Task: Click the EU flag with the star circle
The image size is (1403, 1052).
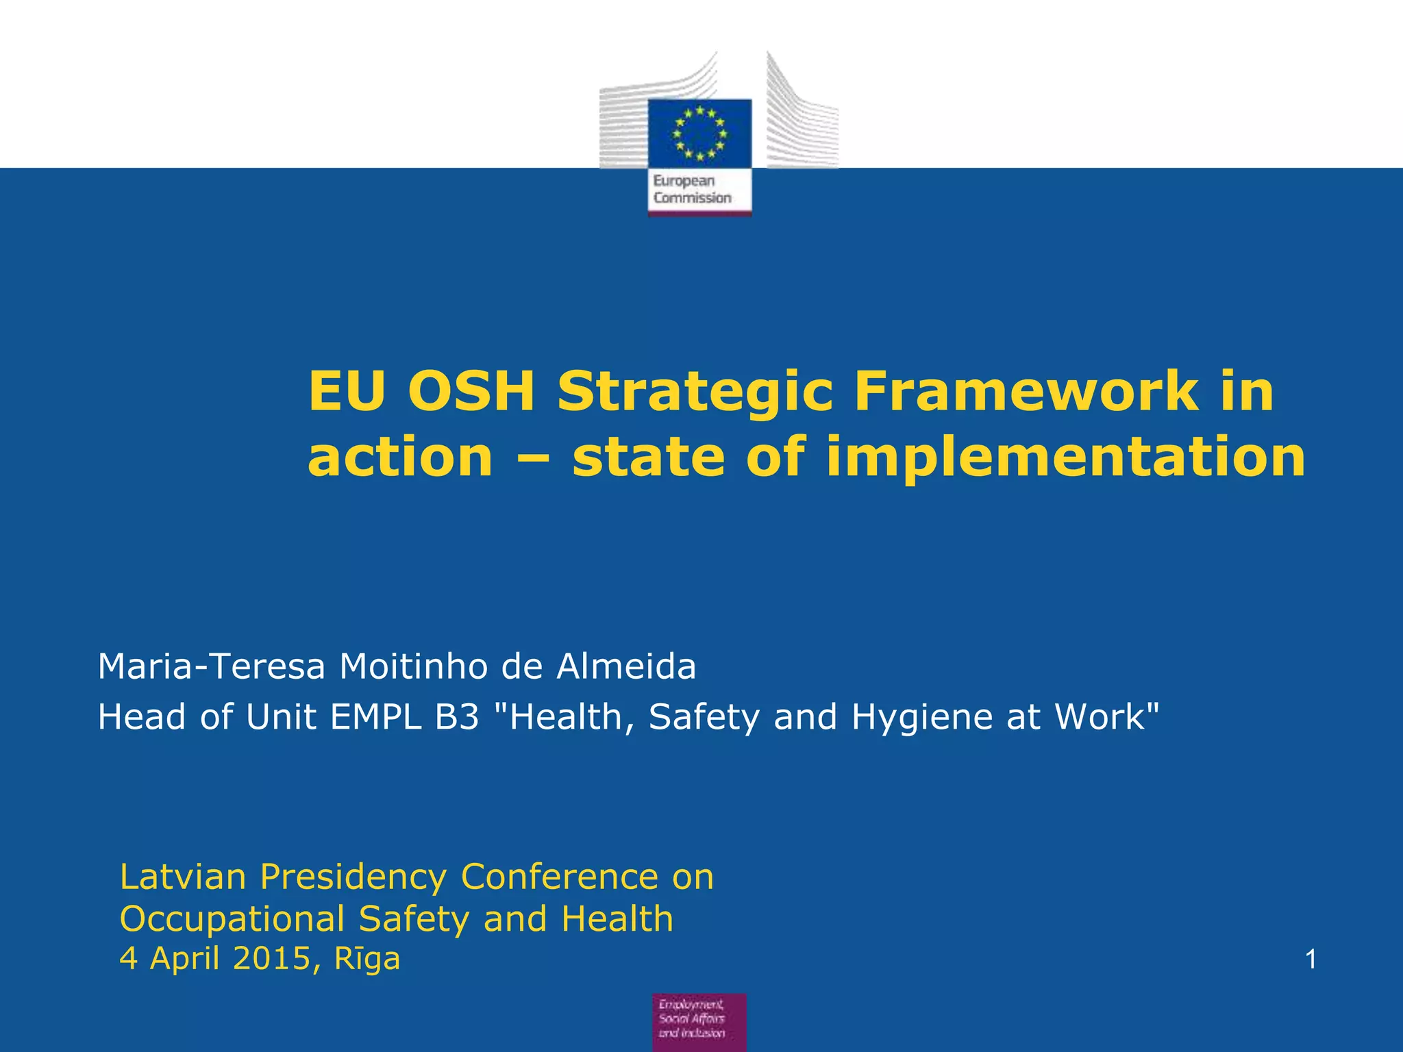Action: click(699, 133)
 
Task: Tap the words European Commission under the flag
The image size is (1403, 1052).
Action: click(692, 190)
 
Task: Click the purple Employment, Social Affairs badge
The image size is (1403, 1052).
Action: click(699, 1022)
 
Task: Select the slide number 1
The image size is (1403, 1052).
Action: click(1311, 960)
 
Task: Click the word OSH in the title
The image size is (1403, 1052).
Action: click(471, 392)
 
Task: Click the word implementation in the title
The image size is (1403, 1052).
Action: click(1065, 458)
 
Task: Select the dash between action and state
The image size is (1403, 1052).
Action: click(532, 458)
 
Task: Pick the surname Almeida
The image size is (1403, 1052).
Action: click(626, 666)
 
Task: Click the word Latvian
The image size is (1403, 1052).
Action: click(183, 877)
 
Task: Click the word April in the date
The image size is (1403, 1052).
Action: click(186, 959)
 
